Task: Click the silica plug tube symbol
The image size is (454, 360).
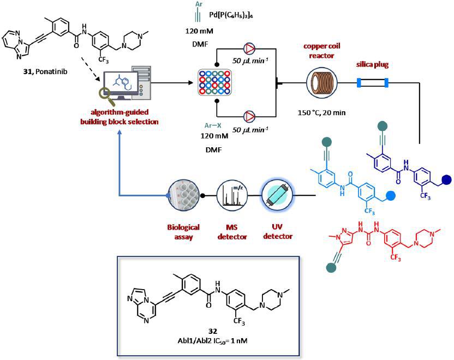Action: (372, 83)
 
